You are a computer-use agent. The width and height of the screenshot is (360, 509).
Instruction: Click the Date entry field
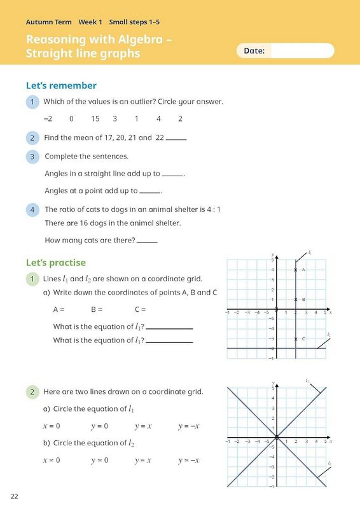click(302, 51)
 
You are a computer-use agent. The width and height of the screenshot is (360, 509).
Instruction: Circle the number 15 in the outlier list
click(95, 118)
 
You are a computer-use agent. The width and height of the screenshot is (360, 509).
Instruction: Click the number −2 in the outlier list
click(48, 118)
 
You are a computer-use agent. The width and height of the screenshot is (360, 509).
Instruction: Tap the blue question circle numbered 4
click(32, 209)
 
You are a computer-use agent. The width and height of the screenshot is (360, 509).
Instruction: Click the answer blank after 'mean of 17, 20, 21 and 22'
click(176, 139)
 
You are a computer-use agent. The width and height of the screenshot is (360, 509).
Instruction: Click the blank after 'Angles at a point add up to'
click(150, 192)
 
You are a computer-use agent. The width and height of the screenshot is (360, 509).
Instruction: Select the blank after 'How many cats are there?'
click(147, 242)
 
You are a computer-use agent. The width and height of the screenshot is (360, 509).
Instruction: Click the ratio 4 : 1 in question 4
click(212, 209)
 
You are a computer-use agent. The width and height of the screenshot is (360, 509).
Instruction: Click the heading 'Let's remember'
click(61, 86)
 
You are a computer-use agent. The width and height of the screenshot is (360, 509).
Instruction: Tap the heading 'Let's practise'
click(55, 263)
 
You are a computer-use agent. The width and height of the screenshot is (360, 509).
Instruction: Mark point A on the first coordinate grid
click(296, 270)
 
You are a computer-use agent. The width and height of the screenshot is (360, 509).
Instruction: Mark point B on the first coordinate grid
click(296, 300)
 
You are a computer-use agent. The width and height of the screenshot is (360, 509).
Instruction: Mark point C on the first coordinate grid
click(296, 339)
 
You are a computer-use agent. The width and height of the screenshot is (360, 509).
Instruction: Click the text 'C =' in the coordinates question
click(140, 310)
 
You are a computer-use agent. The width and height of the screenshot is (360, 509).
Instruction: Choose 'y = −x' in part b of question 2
click(189, 460)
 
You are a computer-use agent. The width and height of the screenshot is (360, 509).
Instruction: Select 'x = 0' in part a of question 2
click(52, 426)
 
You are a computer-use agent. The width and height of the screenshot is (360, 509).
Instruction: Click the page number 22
click(15, 496)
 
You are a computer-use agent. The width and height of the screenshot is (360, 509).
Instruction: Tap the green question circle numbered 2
click(32, 392)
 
